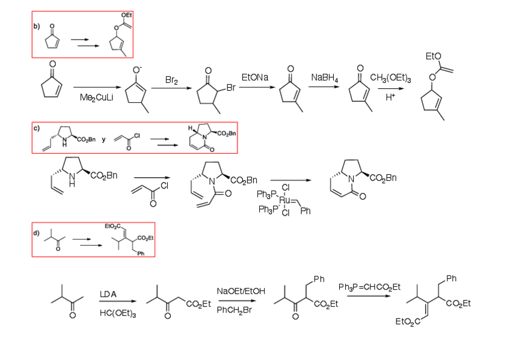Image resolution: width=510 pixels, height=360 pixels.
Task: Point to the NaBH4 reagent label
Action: coord(325,78)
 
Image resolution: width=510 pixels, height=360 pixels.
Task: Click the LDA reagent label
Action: coord(108,293)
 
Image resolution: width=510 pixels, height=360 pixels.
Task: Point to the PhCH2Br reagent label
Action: coord(236,310)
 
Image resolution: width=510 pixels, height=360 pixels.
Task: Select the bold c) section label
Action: coord(37,129)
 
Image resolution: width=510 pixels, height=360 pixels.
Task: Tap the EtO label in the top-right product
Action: coord(433,56)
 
